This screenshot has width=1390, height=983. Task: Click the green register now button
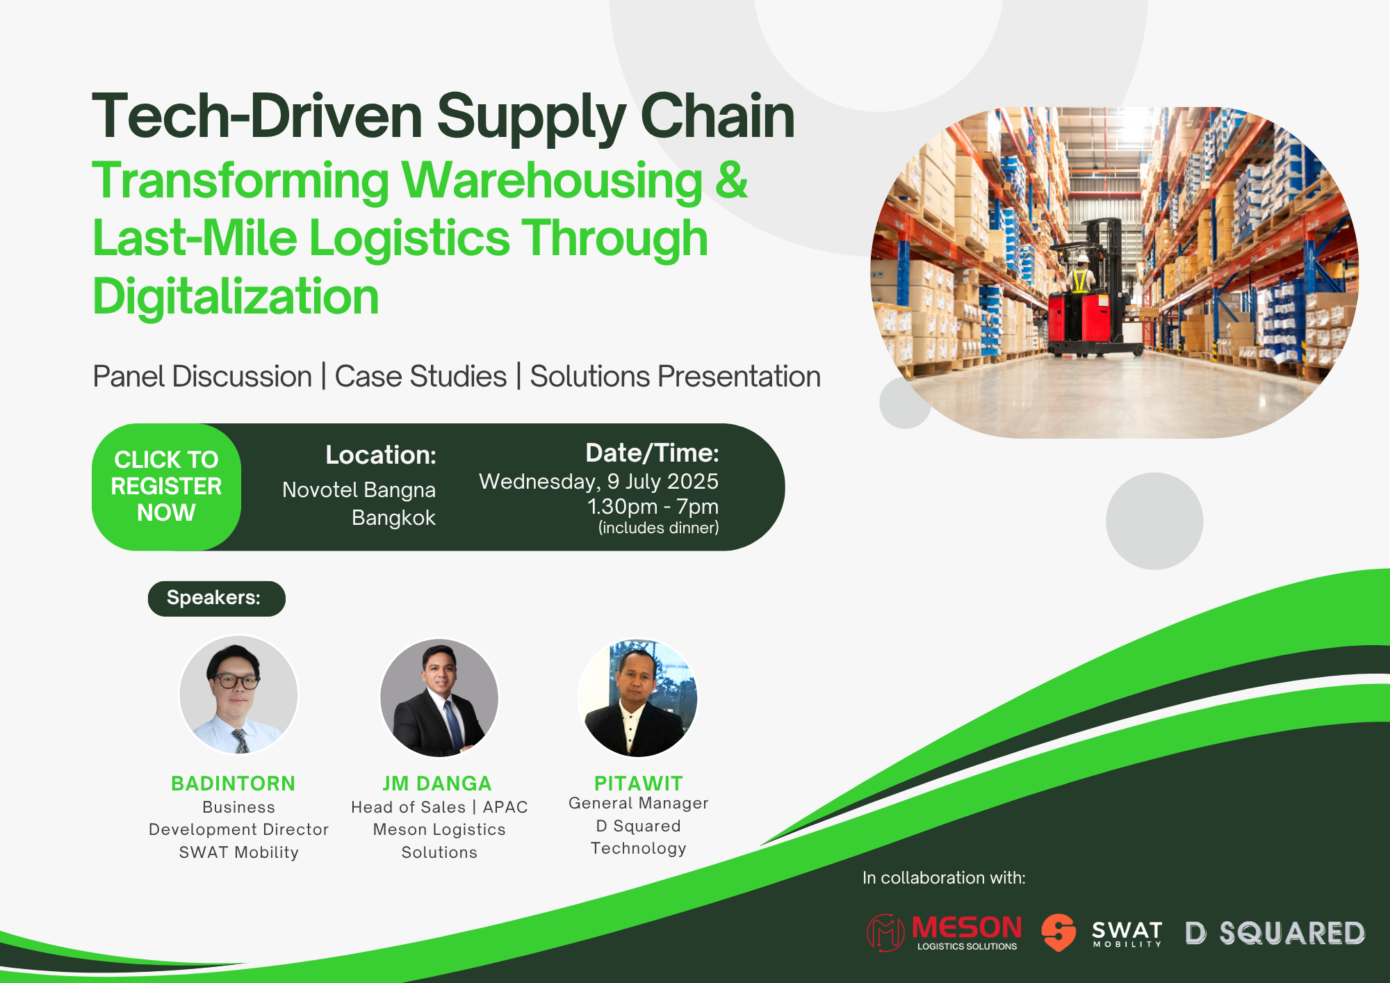166,487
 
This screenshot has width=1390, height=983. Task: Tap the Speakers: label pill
216,599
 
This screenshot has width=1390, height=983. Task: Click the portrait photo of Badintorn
238,694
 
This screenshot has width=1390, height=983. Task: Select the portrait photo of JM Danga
439,697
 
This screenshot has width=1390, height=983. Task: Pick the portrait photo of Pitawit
637,697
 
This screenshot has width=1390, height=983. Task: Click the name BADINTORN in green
234,783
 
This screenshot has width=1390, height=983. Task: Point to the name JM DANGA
437,783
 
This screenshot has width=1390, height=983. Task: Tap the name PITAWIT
639,783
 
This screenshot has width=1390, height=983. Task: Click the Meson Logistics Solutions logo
945,932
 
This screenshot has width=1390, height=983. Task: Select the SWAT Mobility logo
1102,932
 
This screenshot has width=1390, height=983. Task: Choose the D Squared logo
1275,933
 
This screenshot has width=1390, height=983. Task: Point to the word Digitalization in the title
236,297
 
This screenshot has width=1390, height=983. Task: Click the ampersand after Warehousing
731,179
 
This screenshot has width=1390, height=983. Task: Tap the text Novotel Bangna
359,490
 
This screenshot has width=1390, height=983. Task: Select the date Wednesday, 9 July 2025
598,481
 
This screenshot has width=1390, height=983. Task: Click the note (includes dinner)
658,528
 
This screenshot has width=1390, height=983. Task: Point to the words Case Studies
420,377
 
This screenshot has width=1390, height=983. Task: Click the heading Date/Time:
652,453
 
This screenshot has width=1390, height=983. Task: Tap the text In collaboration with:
944,878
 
